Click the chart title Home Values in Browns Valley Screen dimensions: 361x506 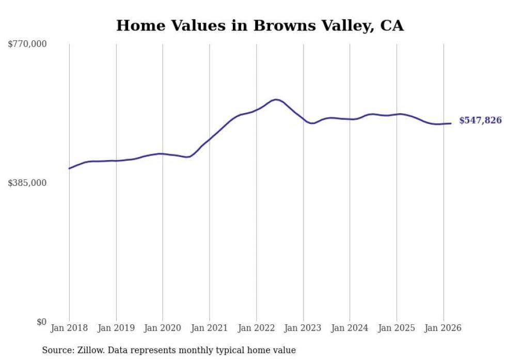(x=260, y=25)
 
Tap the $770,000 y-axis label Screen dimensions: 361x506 (x=27, y=44)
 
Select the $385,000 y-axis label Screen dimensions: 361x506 (x=27, y=183)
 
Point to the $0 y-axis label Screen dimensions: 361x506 (x=41, y=322)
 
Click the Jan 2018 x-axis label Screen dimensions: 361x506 (x=69, y=328)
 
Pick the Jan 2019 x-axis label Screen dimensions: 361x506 (x=116, y=328)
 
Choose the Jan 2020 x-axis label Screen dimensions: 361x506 (x=163, y=328)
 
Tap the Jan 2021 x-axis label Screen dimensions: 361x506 (x=210, y=328)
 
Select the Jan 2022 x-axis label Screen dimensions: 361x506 (x=256, y=328)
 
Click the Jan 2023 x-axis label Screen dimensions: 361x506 (x=303, y=328)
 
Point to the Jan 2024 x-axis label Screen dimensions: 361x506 (x=350, y=328)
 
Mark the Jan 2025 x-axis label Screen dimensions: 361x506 (x=397, y=328)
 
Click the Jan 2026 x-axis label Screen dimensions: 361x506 (x=443, y=328)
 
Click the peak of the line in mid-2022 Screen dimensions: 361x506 (x=276, y=99)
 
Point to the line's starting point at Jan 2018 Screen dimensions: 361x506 (x=69, y=168)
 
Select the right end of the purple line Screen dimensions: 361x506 (x=451, y=123)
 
